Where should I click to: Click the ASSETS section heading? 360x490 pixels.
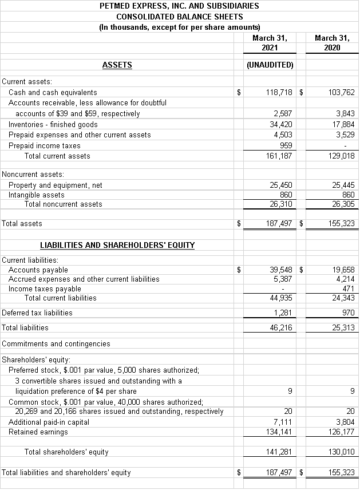point(117,65)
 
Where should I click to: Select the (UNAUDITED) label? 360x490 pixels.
point(270,65)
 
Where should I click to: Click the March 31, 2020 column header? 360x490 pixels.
point(331,43)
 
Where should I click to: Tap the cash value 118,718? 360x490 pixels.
point(279,92)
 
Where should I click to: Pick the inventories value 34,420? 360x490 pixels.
point(280,124)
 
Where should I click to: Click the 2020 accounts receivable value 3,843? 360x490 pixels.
point(345,113)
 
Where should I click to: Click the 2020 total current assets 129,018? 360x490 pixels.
point(342,156)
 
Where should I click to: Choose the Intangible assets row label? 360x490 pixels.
point(37,195)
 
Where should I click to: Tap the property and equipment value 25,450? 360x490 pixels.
point(280,185)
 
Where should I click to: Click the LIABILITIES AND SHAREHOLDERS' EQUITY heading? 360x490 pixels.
point(117,245)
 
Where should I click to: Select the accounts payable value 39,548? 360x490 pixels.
point(280,270)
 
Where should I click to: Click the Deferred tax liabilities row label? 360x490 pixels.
point(37,313)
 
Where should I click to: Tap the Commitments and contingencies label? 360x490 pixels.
point(56,343)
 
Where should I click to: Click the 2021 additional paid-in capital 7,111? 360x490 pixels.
point(283,422)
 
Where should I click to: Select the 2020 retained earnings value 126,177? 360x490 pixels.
point(342,432)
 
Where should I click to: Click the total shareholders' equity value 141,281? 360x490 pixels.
point(279,452)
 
